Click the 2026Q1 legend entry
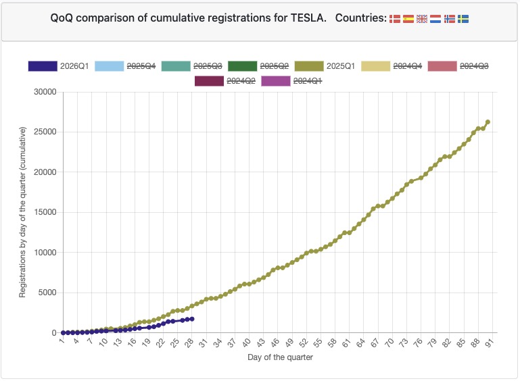point(59,66)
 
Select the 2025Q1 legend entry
point(327,66)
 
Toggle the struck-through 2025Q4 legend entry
point(125,66)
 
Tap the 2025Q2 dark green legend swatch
point(242,66)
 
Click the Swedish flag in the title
point(463,20)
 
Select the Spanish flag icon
point(408,20)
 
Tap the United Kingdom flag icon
point(422,20)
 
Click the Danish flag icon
point(395,20)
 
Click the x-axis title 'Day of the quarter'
point(279,357)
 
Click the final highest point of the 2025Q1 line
point(488,122)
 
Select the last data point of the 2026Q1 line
point(192,319)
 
